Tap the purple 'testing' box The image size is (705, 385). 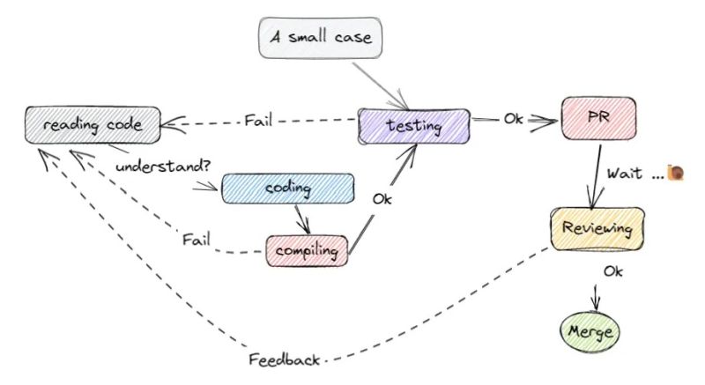click(413, 125)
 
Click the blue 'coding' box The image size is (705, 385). click(287, 189)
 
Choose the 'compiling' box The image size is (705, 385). click(306, 251)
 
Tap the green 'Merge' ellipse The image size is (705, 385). click(590, 334)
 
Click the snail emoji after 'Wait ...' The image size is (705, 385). click(676, 173)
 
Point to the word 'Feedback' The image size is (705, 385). click(285, 359)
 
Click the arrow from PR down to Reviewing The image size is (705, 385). click(599, 176)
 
